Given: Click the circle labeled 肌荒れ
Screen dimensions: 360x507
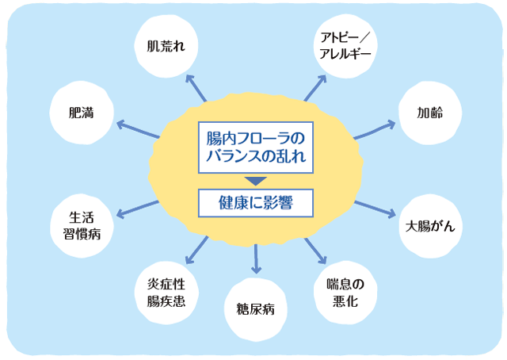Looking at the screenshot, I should tap(166, 45).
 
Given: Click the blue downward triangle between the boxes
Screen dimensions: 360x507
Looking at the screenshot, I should tap(255, 179).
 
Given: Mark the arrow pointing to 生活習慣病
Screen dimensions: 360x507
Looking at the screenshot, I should tap(136, 208).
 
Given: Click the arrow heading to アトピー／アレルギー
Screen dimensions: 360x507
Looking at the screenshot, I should tap(314, 88).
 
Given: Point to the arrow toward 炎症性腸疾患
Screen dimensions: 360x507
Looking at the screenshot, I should tap(195, 250).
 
